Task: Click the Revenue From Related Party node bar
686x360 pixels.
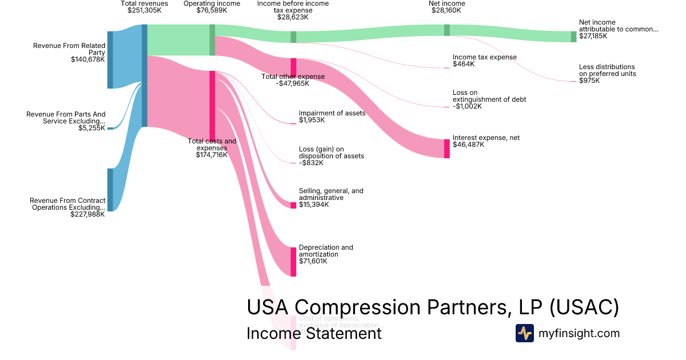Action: pos(110,60)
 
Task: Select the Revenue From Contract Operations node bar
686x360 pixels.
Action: pos(110,190)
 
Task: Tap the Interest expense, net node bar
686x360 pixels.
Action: pos(447,149)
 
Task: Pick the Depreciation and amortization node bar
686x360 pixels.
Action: pos(293,262)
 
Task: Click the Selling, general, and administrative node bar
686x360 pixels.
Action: pos(293,205)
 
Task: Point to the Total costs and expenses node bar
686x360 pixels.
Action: pos(212,106)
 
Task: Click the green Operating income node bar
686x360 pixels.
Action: pos(212,40)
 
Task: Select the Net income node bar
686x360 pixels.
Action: pos(447,30)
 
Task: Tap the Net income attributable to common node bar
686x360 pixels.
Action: pos(573,37)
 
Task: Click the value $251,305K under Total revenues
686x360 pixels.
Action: pos(144,10)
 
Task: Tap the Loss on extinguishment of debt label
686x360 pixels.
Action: pos(489,96)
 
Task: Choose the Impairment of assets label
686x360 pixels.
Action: pos(332,113)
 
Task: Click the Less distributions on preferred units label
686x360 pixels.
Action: pos(607,70)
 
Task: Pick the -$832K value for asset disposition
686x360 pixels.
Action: pos(311,163)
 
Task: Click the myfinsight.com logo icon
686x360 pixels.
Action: pos(524,333)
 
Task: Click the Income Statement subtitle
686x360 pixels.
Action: pos(314,333)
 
